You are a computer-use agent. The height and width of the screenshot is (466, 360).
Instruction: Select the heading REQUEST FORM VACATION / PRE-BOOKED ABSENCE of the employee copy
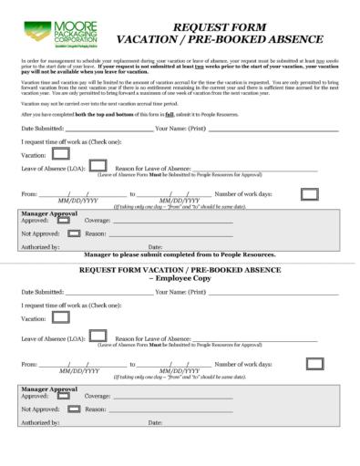pyautogui.click(x=180, y=271)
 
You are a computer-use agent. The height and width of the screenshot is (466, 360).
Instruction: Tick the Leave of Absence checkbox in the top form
pyautogui.click(x=98, y=166)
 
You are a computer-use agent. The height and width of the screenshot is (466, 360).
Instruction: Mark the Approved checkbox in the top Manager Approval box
pyautogui.click(x=62, y=221)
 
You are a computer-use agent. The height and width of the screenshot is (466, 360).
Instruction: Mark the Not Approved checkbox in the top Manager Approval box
pyautogui.click(x=62, y=233)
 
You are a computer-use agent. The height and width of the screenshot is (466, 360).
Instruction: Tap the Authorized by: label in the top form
pyautogui.click(x=39, y=246)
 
